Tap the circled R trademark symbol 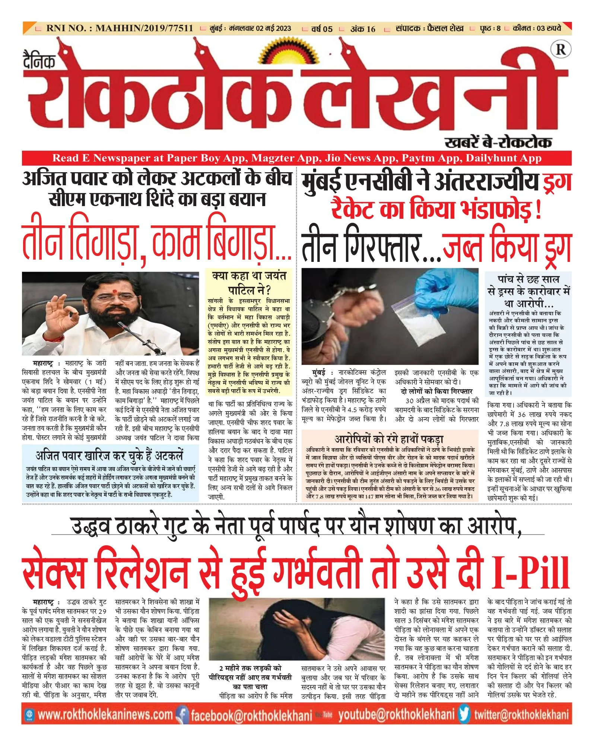[x=560, y=50]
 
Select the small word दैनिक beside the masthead [x=39, y=60]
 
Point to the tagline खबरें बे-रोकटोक [x=498, y=142]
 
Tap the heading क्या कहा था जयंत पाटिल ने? [x=249, y=283]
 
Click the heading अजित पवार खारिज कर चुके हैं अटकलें [x=109, y=456]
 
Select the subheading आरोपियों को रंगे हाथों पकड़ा [x=389, y=439]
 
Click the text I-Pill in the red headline [x=530, y=573]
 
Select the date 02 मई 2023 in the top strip [x=273, y=28]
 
